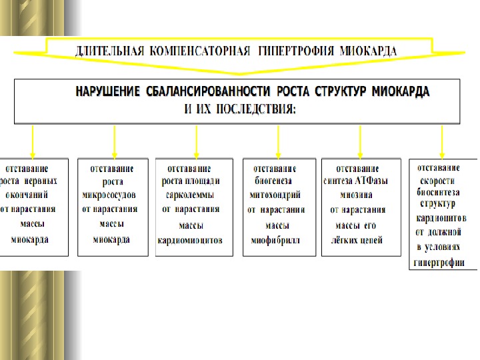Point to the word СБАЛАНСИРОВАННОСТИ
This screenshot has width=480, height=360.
click(x=209, y=91)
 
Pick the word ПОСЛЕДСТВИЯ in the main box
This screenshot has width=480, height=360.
click(x=259, y=108)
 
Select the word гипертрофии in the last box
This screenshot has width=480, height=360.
click(x=440, y=262)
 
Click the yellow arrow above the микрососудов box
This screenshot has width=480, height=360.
click(x=115, y=141)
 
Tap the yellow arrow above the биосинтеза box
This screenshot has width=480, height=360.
click(x=442, y=141)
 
